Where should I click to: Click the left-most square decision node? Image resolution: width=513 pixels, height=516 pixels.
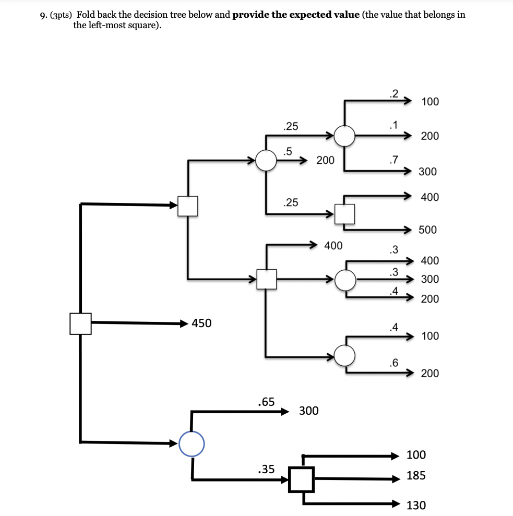[x=80, y=323]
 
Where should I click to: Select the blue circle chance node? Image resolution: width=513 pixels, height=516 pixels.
[x=192, y=443]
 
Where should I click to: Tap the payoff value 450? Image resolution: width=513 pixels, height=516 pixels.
[x=201, y=323]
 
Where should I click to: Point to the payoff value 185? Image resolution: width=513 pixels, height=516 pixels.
[x=416, y=476]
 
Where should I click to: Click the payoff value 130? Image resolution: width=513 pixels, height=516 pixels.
[x=416, y=505]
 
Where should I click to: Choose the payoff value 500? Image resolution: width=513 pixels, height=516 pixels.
[x=427, y=230]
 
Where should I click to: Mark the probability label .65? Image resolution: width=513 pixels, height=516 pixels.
[x=266, y=402]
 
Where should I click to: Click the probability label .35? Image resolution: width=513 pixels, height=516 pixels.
[x=266, y=469]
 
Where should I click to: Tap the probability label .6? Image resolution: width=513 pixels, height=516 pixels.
[x=393, y=363]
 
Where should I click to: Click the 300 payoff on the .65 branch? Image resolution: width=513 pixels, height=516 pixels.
[x=308, y=411]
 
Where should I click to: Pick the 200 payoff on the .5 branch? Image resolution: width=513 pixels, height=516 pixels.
[x=325, y=160]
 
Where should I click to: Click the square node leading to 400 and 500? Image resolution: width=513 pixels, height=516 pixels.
[x=344, y=213]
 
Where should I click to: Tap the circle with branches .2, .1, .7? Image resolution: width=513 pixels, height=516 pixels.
[x=344, y=136]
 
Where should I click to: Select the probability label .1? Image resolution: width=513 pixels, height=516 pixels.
[x=393, y=125]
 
